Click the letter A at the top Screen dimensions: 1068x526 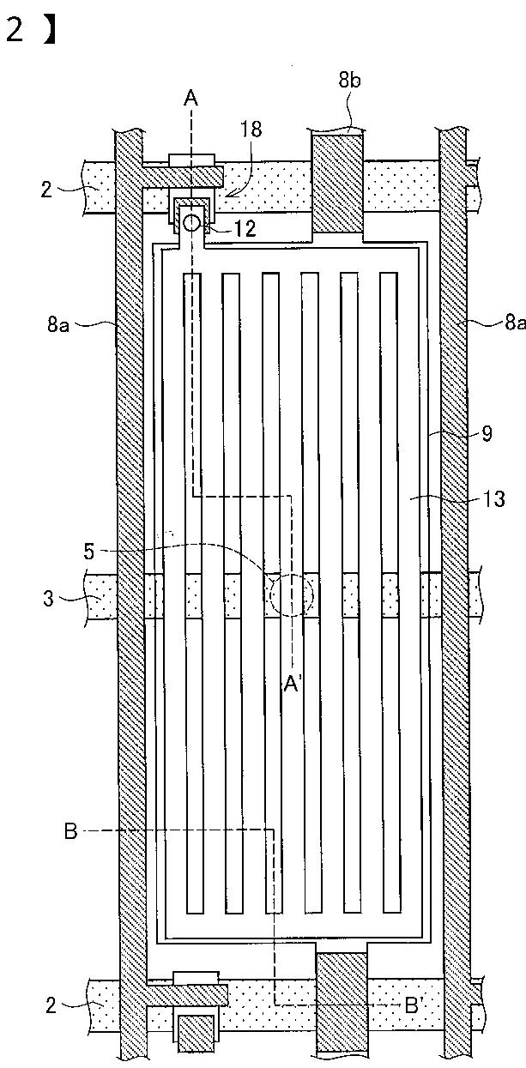tap(191, 100)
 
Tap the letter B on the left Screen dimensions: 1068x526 tap(71, 830)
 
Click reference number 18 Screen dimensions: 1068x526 tap(251, 130)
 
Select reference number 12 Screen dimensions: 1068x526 tap(245, 229)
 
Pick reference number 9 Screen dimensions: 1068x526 tap(487, 433)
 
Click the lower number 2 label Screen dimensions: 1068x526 tap(51, 1005)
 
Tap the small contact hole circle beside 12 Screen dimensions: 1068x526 tap(191, 222)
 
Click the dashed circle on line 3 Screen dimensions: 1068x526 tap(293, 594)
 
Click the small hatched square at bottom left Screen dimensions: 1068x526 tap(195, 1033)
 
